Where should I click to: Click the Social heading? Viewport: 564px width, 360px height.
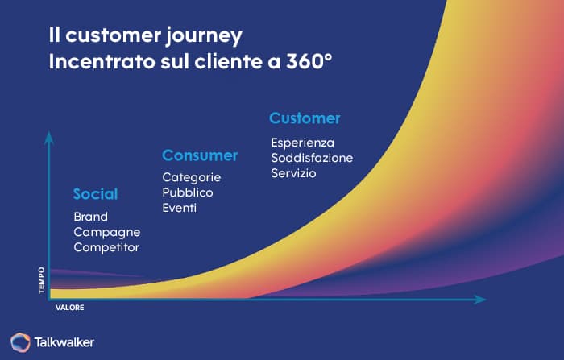[x=95, y=194]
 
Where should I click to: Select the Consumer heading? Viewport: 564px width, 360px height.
[x=200, y=155]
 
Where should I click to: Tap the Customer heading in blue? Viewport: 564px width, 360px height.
[x=305, y=118]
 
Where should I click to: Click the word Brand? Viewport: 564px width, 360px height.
[x=90, y=217]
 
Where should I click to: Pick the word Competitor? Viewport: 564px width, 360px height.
[x=106, y=247]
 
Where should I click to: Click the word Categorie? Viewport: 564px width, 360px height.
[x=191, y=177]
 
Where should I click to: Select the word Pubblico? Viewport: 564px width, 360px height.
[x=187, y=192]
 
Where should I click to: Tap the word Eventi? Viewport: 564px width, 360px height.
[x=180, y=208]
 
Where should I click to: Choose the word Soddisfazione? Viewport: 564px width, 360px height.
[x=312, y=158]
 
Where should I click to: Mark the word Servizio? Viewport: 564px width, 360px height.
[x=293, y=173]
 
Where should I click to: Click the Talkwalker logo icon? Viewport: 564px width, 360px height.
[x=20, y=341]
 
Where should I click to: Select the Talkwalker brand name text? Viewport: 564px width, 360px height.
[x=64, y=342]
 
